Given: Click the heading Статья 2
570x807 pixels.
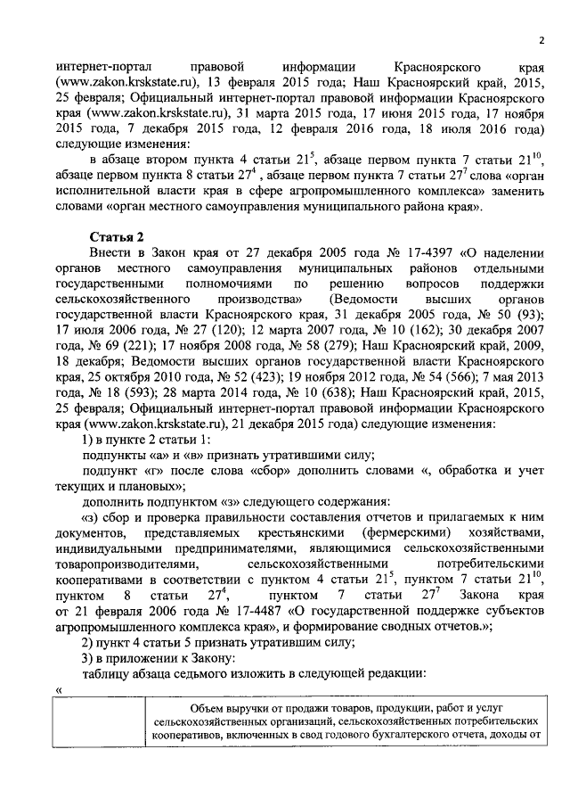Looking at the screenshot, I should coord(115,235).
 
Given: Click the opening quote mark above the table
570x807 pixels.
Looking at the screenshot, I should coord(58,689).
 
